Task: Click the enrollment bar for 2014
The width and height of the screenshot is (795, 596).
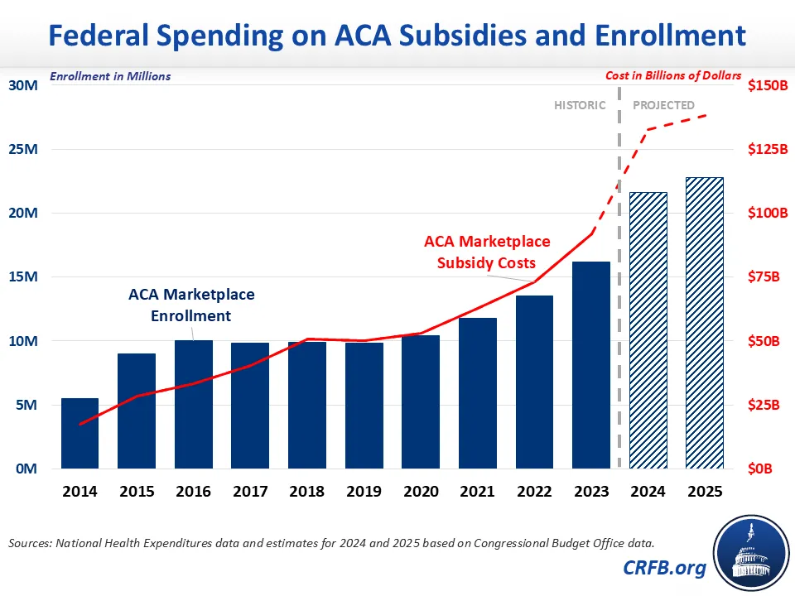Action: coord(79,434)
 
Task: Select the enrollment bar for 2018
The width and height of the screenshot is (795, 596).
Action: coord(307,405)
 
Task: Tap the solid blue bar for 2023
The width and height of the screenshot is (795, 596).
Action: coord(591,365)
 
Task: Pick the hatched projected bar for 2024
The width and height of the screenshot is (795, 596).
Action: coord(648,330)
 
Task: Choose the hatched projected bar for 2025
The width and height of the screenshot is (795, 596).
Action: coord(705,323)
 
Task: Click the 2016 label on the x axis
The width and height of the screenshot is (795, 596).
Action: coord(193,491)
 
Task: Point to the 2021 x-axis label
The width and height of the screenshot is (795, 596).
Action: coord(478,491)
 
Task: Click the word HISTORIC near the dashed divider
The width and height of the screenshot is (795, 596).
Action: coord(580,105)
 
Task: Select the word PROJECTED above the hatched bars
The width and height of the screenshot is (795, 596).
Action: coord(663,105)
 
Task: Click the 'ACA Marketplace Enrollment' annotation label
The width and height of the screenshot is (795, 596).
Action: coord(191,305)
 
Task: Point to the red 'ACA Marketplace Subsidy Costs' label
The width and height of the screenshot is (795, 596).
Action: coord(487,252)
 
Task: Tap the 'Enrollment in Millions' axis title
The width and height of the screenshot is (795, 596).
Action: coord(110,76)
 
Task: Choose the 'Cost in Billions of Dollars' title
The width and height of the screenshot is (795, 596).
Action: coord(673,75)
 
